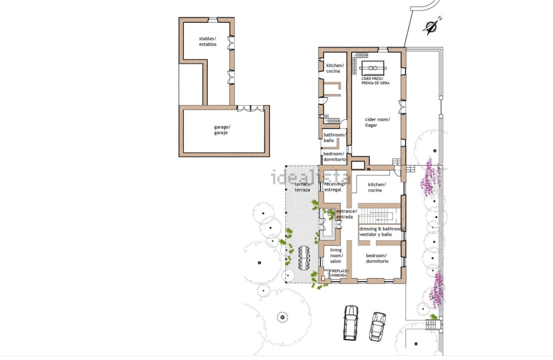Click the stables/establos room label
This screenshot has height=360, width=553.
click(208, 42)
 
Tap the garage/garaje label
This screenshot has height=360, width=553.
click(222, 130)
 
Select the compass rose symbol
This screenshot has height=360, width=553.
click(432, 26)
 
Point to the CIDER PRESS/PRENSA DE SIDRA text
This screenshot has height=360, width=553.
click(375, 81)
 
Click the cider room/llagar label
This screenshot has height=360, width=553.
click(377, 123)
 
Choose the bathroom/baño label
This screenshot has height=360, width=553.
click(335, 137)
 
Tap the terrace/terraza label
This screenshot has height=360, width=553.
click(303, 187)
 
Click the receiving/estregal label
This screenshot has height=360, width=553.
click(335, 187)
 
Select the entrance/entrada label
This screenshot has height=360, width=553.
click(346, 214)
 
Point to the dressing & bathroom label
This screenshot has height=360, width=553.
click(381, 232)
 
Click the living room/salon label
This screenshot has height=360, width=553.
click(336, 256)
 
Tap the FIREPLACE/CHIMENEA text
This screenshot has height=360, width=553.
click(339, 273)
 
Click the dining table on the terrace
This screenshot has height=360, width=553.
click(304, 258)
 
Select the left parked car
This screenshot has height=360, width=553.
click(351, 322)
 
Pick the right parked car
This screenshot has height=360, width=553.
click(377, 326)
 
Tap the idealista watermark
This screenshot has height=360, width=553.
click(311, 177)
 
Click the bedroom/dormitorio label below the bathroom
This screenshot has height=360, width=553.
click(335, 157)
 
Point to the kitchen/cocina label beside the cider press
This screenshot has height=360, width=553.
click(334, 68)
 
